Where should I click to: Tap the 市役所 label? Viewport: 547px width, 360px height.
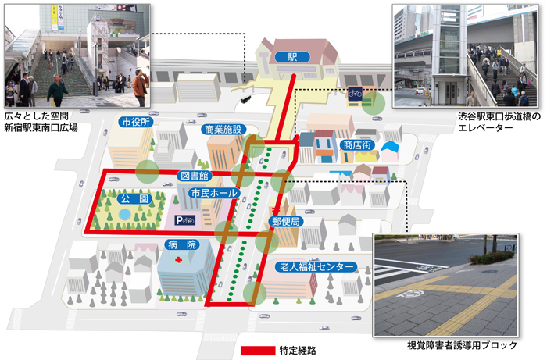tap(136, 123)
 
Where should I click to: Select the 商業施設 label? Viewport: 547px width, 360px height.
tap(224, 129)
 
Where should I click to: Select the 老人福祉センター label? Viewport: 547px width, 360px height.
tap(318, 266)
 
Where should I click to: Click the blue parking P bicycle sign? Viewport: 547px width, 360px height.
tap(185, 221)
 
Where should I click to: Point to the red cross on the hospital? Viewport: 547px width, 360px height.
tap(178, 259)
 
